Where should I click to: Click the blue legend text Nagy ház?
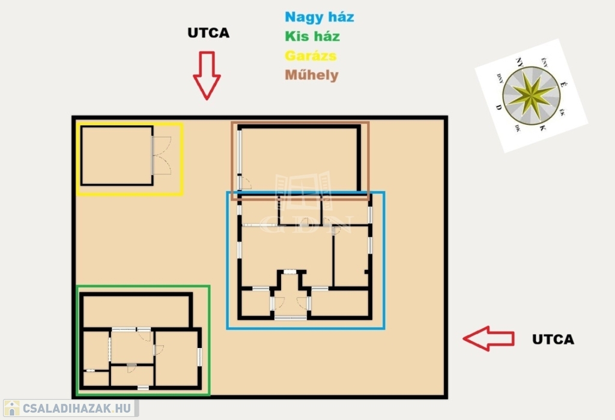pos(319,17)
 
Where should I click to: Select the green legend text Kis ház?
pos(312,36)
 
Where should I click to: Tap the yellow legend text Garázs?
pos(311,56)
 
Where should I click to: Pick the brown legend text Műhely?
pos(311,76)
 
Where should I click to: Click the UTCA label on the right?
pos(553,340)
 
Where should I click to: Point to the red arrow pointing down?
pos(207,75)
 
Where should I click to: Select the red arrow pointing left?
pos(488,338)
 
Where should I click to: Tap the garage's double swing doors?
pos(162,155)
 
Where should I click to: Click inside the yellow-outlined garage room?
pos(117,155)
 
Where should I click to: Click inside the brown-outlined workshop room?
pos(299,158)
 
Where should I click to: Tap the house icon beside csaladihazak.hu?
pos(11,409)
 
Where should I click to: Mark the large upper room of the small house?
pos(136,311)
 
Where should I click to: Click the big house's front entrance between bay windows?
pos(290,306)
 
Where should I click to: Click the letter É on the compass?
pos(562,86)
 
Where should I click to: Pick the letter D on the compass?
pos(498,107)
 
